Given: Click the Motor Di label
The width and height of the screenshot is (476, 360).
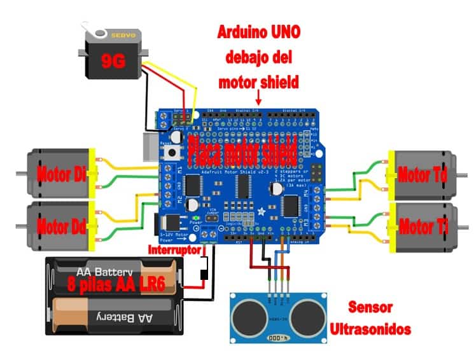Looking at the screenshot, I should coord(61,174).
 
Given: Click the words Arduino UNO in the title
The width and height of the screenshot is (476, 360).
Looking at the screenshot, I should coord(258,32).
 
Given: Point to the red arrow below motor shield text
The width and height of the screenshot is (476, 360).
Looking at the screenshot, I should coord(258,97).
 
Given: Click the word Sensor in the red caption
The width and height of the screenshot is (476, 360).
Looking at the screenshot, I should coord(370,308).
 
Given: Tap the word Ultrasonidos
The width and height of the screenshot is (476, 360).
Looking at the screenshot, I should coord(370,328).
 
